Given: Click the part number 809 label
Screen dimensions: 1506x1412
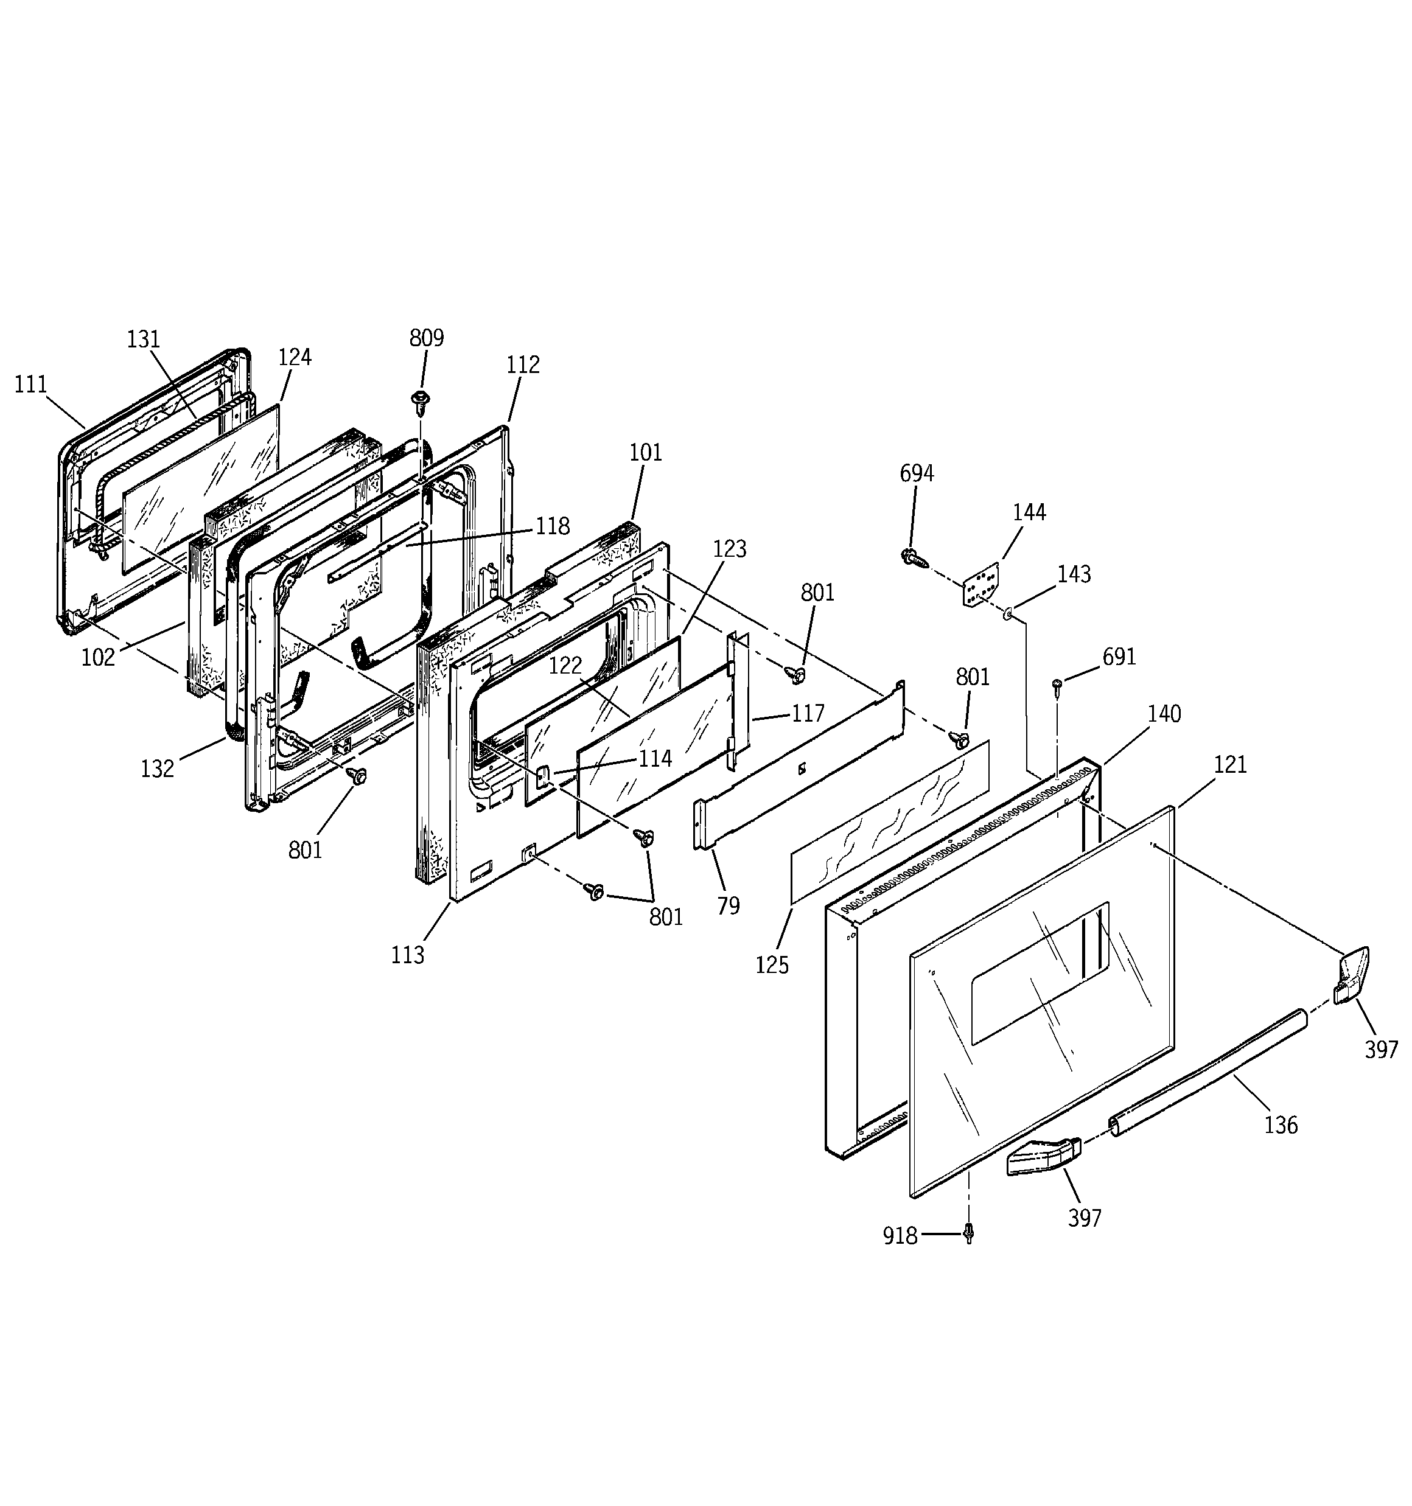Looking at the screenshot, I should [426, 338].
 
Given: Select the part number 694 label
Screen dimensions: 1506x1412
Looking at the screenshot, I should [917, 473].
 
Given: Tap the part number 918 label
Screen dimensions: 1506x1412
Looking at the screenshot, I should [900, 1236].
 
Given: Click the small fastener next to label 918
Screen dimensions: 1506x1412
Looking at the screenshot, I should [968, 1234].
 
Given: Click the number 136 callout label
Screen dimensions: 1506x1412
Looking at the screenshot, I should [1280, 1125].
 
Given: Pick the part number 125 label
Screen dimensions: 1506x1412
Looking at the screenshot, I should [772, 965].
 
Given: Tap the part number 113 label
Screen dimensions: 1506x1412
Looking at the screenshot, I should [408, 955].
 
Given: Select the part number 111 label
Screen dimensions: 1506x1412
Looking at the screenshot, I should [31, 385].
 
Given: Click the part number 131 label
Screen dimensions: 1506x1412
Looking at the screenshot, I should [143, 340].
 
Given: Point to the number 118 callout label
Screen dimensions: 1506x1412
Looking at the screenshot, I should [553, 526].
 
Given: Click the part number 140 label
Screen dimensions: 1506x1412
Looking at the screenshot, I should [1164, 714].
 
